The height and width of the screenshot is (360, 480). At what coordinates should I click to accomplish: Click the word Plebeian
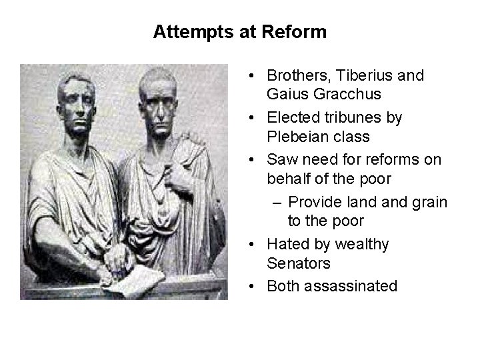click(x=299, y=137)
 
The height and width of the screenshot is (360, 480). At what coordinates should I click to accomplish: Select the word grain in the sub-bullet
click(x=429, y=202)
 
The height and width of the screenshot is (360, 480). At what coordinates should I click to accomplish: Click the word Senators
click(x=298, y=263)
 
